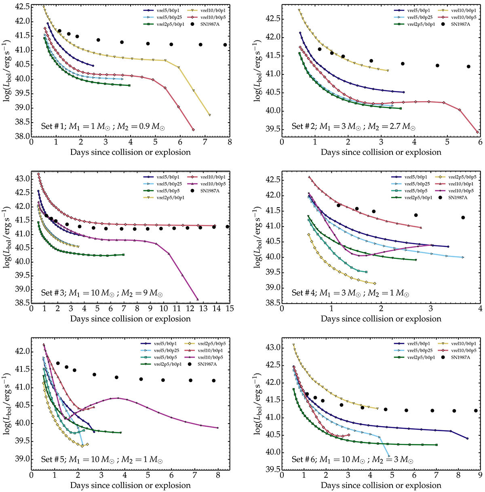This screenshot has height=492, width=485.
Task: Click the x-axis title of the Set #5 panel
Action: [130, 485]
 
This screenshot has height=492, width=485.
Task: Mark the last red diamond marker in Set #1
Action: [193, 129]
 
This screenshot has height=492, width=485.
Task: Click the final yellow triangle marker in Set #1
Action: [210, 115]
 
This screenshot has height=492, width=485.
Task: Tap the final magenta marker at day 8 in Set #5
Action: [218, 428]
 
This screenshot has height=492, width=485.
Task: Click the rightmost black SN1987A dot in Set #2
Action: [469, 66]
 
